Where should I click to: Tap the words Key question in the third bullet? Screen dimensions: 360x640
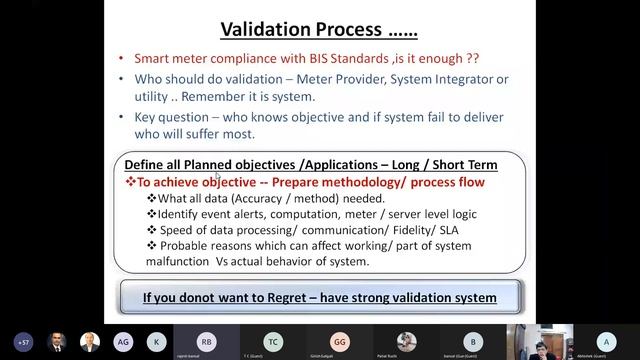[162, 118]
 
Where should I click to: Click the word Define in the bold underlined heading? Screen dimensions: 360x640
[147, 164]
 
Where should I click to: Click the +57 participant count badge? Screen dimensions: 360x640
[24, 341]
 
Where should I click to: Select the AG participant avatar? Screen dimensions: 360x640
[123, 341]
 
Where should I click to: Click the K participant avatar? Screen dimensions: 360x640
[156, 341]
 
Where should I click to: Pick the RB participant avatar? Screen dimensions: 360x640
[206, 341]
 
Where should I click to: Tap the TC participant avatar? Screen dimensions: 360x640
[273, 341]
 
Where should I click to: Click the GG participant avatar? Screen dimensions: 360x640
[340, 341]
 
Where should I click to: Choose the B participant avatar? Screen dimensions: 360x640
[474, 341]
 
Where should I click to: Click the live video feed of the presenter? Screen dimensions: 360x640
[540, 341]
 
